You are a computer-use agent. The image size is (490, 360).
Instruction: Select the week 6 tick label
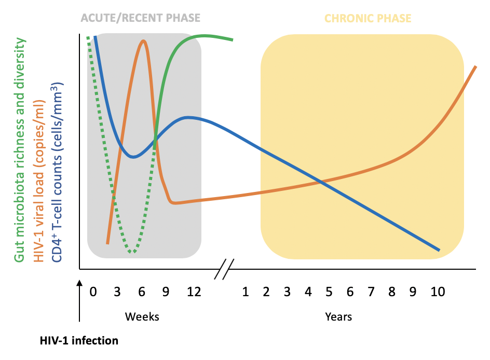coord(142,292)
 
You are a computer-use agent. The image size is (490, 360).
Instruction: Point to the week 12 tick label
coord(193,292)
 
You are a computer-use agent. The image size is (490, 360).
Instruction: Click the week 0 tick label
coord(93,292)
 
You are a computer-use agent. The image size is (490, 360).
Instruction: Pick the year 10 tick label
coord(438,292)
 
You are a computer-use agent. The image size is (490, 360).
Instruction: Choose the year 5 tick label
coord(329,292)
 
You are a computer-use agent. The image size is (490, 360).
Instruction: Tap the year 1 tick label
coord(245,292)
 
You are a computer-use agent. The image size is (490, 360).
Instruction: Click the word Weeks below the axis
coord(142,316)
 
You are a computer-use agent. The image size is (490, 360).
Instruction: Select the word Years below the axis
coord(338,316)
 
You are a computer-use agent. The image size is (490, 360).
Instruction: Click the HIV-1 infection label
coord(79,341)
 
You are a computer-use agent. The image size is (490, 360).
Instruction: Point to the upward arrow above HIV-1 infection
coord(79,306)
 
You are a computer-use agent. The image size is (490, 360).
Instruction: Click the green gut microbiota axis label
coord(20,150)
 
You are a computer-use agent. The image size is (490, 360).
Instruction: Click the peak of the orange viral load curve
coord(143,41)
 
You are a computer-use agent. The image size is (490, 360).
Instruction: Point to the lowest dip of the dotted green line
coord(133,252)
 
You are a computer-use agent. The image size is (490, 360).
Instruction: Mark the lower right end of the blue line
coord(439,250)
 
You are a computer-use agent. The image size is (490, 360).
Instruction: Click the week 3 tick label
coord(117,292)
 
